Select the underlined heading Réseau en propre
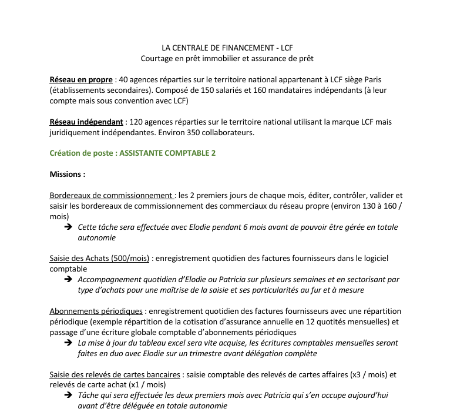pos(81,79)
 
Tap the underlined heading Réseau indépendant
pos(86,122)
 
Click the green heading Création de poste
pos(82,153)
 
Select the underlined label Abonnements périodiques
pos(96,311)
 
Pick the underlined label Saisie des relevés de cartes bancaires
pos(115,374)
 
